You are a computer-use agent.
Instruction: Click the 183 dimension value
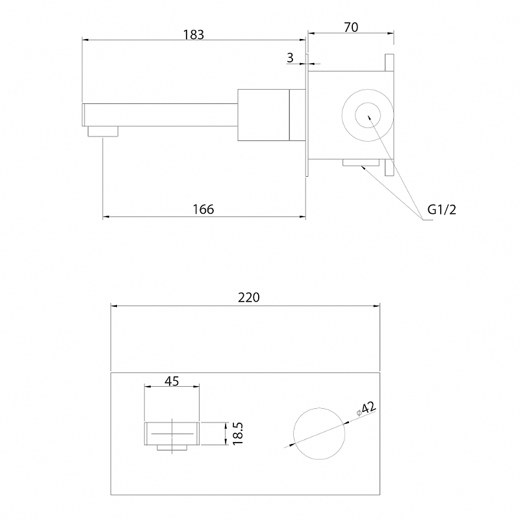pos(194,34)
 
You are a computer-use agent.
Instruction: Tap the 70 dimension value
pos(351,27)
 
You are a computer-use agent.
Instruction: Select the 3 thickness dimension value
pos(290,58)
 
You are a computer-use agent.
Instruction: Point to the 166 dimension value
pos(203,209)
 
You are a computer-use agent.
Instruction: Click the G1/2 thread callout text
pos(442,209)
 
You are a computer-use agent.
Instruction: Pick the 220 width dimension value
pos(249,298)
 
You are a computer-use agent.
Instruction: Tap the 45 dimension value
pos(172,381)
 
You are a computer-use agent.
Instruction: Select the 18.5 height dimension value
pos(238,434)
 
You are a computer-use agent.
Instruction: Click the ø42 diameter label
pos(366,409)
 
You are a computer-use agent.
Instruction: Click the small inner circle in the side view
pos(368,103)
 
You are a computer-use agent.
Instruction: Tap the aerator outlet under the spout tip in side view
pos(103,131)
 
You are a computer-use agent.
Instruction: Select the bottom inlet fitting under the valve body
pos(361,162)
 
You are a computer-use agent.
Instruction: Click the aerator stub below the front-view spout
pos(172,448)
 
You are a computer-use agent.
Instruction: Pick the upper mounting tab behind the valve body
pos(389,62)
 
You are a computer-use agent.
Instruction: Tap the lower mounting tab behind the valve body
pos(389,167)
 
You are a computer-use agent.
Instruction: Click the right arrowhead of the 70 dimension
pos(391,33)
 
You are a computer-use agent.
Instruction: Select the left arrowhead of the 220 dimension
pos(114,305)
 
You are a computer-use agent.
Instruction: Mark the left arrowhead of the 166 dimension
pos(106,217)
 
